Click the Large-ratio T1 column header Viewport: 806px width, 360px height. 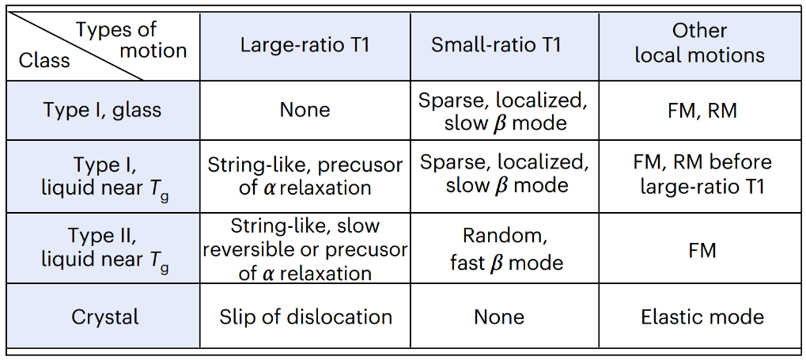tap(305, 45)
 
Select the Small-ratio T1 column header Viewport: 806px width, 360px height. tap(496, 45)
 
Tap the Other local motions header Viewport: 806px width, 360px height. tap(699, 43)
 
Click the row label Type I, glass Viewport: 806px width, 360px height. tap(102, 110)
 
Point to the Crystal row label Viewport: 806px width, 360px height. tap(105, 316)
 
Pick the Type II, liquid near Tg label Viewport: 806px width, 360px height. tap(105, 248)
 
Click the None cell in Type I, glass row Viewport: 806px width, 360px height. tap(305, 110)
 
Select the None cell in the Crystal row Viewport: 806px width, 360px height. tap(499, 316)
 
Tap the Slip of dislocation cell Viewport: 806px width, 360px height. tap(305, 316)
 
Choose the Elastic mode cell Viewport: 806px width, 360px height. tap(702, 316)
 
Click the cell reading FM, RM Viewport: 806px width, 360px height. tap(702, 111)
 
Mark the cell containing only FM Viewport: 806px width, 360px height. tap(702, 251)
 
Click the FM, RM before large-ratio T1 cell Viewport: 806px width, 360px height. tap(702, 174)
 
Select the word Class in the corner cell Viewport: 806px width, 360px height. tap(44, 60)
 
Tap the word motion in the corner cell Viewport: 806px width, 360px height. tap(153, 51)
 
